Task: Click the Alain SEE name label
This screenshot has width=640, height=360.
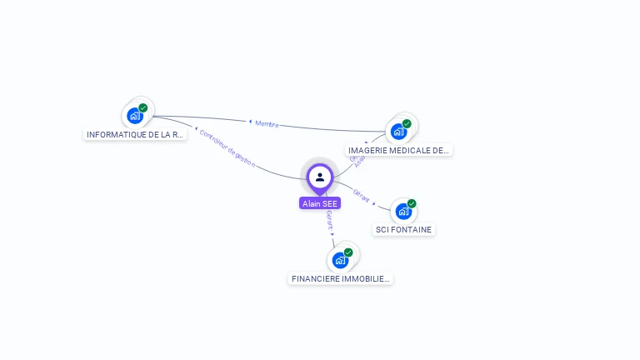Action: tap(320, 203)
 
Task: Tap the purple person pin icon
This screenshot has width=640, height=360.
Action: tap(320, 177)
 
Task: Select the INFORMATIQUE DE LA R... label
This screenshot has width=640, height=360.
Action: tap(136, 134)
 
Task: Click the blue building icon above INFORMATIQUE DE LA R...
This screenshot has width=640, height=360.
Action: tap(135, 116)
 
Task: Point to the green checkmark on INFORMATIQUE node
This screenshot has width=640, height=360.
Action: tap(143, 108)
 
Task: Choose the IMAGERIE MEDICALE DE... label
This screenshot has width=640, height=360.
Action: tap(399, 150)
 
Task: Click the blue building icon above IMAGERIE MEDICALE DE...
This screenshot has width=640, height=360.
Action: tap(398, 132)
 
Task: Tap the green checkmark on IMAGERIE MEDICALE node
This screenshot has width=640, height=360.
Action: tap(407, 124)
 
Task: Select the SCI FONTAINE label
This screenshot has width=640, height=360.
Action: tap(404, 229)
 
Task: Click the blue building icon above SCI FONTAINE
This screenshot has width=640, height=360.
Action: tap(403, 212)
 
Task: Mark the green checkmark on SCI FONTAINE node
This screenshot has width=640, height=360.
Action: tap(412, 204)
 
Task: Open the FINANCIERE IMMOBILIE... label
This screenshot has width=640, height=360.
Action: tap(341, 278)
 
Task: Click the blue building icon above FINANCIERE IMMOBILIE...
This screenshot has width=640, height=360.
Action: tap(340, 260)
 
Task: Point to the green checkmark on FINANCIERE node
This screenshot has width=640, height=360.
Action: tap(348, 252)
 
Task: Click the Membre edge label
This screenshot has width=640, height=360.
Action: tap(267, 123)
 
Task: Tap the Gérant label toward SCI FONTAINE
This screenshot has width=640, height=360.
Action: tap(361, 195)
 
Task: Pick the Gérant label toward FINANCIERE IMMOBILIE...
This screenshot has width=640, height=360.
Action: tap(330, 220)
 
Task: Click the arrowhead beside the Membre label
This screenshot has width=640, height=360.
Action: tap(250, 122)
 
